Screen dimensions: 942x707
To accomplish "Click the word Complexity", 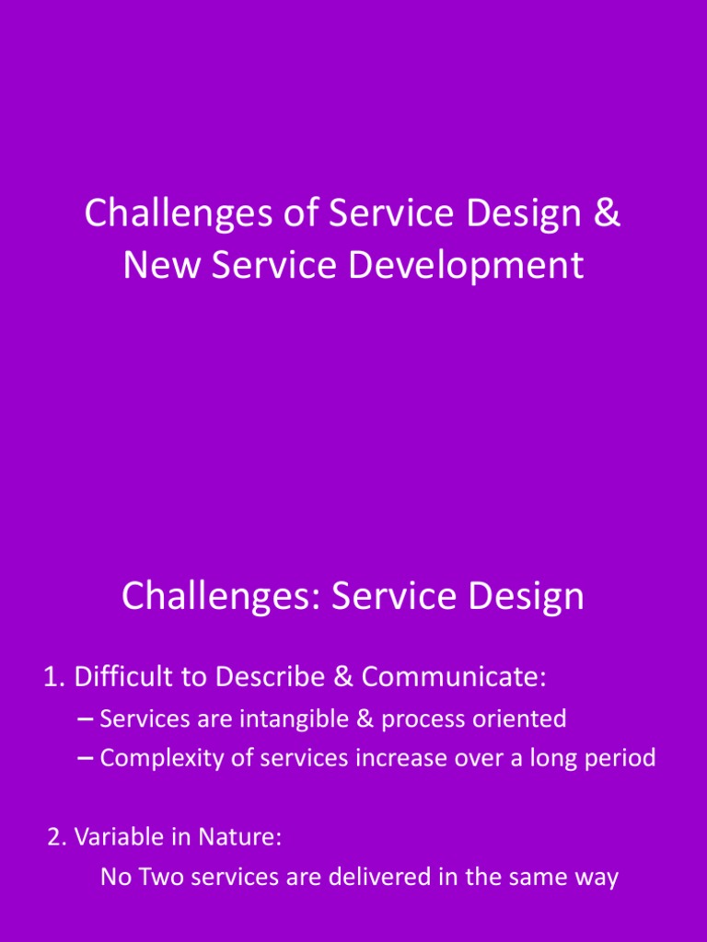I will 157,758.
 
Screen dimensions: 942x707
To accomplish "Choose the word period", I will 621,758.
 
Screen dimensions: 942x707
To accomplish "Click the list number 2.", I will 55,838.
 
